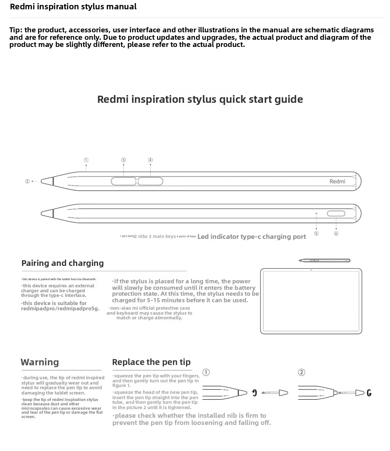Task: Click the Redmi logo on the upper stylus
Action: click(337, 181)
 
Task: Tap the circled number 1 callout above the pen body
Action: click(86, 160)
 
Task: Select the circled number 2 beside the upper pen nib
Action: click(27, 181)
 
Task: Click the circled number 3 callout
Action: click(124, 160)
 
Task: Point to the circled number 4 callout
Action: click(150, 160)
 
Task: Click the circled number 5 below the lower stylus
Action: click(316, 233)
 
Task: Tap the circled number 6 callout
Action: click(336, 233)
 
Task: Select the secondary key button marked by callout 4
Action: click(151, 181)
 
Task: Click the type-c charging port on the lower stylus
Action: click(336, 213)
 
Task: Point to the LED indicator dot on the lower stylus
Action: click(316, 213)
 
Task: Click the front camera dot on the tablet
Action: click(311, 270)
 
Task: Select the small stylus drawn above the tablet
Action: click(324, 261)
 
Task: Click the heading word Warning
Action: click(40, 362)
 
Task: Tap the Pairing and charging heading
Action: click(62, 263)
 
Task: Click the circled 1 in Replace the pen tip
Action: click(206, 372)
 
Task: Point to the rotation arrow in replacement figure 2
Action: click(369, 393)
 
